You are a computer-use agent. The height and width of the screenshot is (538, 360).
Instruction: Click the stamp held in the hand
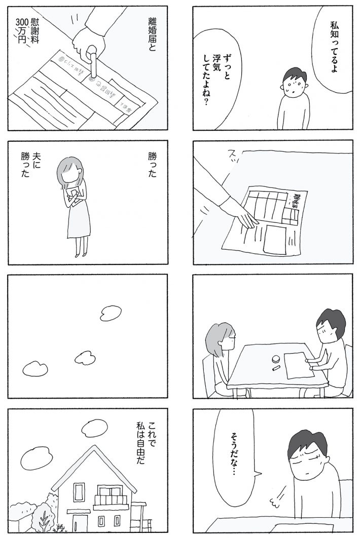pos(93,63)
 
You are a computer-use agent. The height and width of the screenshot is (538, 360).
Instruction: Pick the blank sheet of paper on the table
pos(297,365)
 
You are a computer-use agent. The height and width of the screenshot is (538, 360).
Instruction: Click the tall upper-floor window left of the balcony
pos(79,491)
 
